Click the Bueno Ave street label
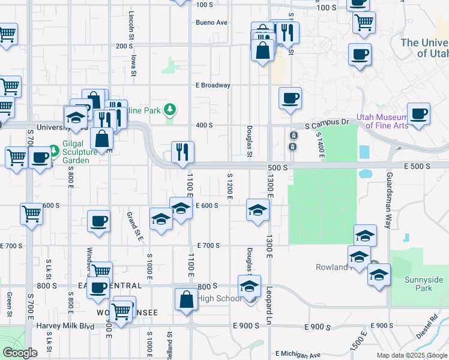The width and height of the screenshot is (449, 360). [x=211, y=23]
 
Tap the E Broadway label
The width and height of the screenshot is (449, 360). [x=213, y=85]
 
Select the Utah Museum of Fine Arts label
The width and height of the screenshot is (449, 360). [x=382, y=121]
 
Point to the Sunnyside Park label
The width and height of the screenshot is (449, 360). [x=424, y=284]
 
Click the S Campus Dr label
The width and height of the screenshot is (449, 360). [x=327, y=122]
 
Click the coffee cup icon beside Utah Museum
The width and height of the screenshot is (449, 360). [x=418, y=113]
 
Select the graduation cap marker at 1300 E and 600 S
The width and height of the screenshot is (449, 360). [x=258, y=210]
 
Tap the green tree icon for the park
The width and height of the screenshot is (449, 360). [x=170, y=109]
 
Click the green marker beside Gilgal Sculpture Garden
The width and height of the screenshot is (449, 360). [x=53, y=147]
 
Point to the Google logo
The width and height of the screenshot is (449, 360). [x=20, y=353]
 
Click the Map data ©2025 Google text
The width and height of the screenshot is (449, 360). [x=411, y=355]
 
